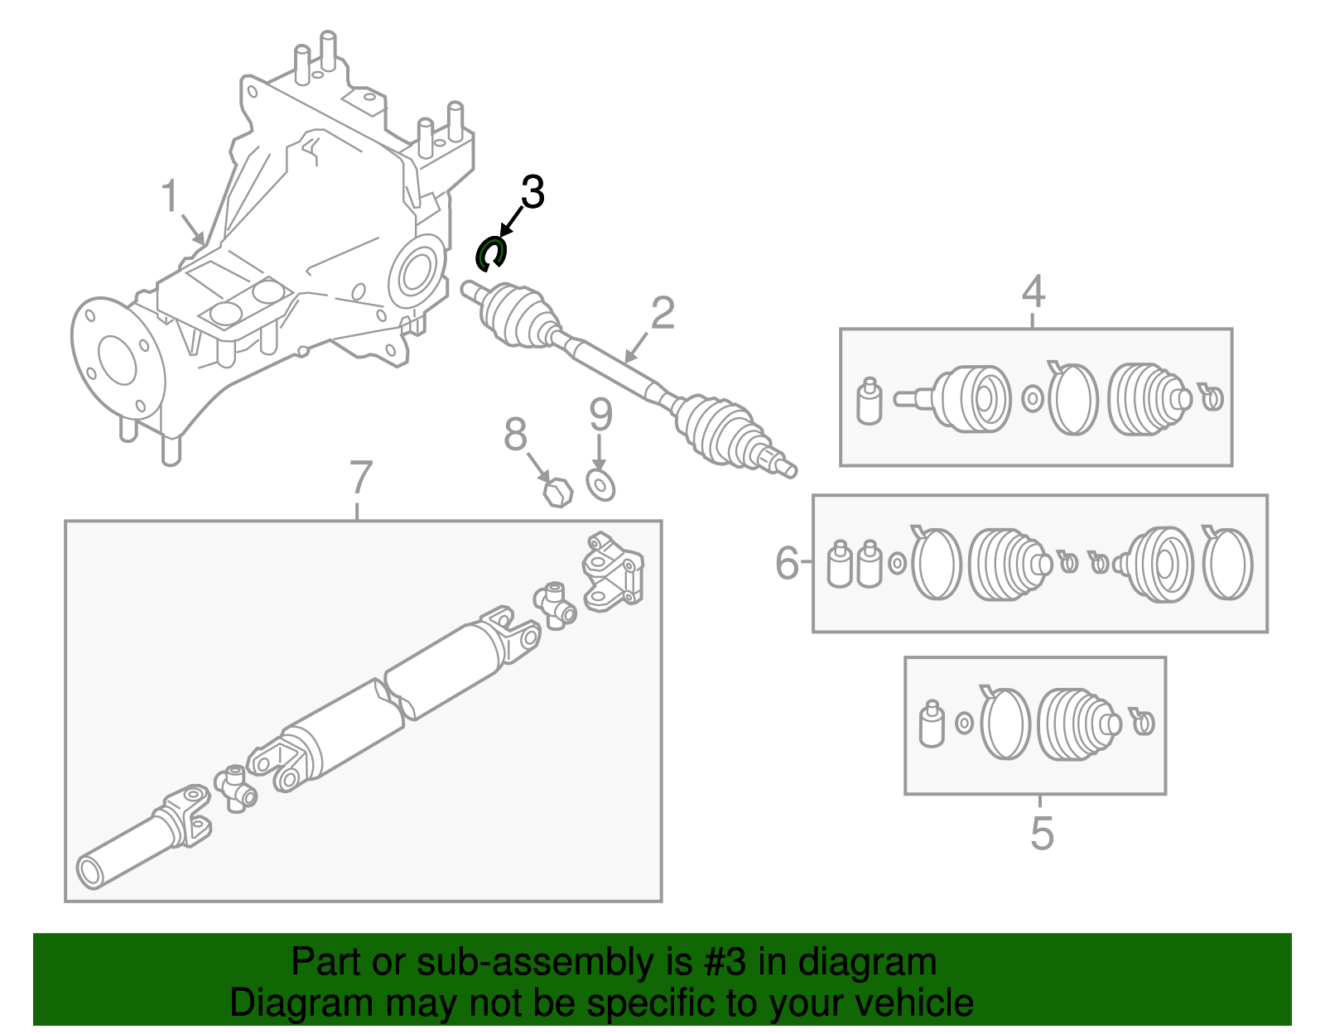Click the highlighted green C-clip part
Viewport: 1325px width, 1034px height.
[489, 253]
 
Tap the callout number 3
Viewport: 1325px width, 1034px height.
[532, 193]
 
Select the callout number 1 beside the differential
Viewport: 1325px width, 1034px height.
[169, 197]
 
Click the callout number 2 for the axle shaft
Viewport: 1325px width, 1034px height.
[662, 314]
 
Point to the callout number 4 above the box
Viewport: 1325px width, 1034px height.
[1033, 291]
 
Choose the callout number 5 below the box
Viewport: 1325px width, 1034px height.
[1042, 833]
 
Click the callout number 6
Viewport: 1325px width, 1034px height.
[787, 563]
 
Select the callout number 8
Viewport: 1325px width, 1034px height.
[515, 434]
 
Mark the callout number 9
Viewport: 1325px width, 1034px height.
[600, 415]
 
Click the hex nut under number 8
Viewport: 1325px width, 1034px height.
[558, 493]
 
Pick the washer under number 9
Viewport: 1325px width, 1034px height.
[600, 485]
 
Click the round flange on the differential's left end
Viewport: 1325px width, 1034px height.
[116, 360]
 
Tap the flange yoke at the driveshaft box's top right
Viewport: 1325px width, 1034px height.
[613, 571]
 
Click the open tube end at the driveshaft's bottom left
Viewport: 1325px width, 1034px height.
[90, 872]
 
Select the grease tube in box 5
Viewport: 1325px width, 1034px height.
[932, 725]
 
